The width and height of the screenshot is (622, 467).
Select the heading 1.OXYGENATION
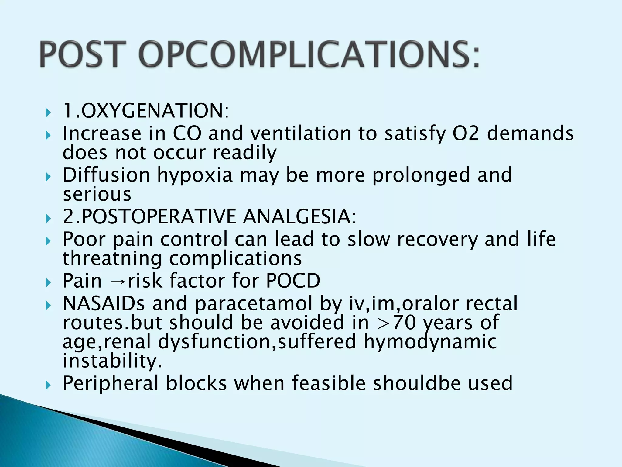tap(146, 111)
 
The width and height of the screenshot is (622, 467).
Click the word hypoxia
tap(195, 175)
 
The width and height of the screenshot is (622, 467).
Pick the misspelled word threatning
tap(112, 258)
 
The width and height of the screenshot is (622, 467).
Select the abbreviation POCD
tap(293, 280)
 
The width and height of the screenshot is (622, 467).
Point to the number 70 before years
tap(404, 323)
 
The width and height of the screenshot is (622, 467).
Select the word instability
tap(112, 361)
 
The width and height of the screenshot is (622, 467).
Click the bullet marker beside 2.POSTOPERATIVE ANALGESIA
tap(48, 218)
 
